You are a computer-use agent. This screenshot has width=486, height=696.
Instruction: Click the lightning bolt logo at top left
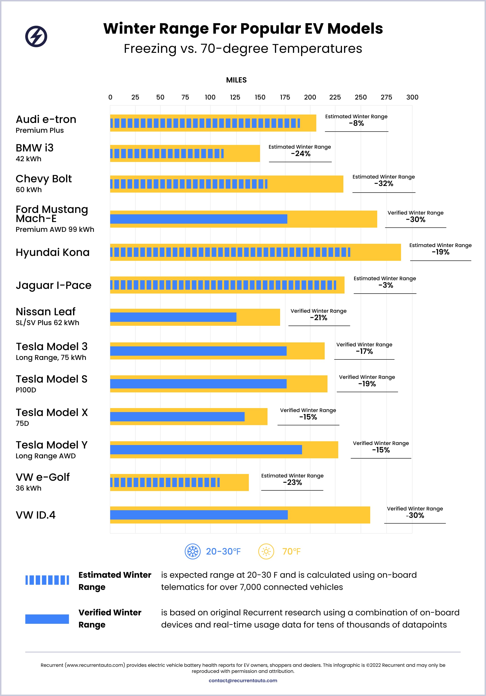click(x=36, y=36)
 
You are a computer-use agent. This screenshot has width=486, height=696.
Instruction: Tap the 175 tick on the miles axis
click(x=285, y=97)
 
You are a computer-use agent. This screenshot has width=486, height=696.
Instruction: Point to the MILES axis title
click(x=236, y=80)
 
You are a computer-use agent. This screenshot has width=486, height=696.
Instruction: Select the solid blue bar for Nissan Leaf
click(x=173, y=317)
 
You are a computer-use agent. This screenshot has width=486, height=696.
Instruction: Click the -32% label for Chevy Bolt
click(x=384, y=184)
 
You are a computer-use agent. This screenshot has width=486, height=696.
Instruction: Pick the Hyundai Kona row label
click(x=53, y=252)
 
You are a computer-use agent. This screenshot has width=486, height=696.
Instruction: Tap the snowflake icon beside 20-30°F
click(x=193, y=551)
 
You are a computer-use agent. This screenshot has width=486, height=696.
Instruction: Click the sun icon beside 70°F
click(x=266, y=551)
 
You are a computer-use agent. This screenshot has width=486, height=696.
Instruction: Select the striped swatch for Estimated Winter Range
click(x=47, y=580)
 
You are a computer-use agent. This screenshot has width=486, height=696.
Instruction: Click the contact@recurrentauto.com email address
click(x=243, y=681)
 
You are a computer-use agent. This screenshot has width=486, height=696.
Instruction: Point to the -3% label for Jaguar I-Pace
click(x=386, y=285)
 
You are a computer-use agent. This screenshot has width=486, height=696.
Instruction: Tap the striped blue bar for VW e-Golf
click(x=165, y=482)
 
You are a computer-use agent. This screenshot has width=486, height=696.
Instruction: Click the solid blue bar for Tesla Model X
click(x=177, y=417)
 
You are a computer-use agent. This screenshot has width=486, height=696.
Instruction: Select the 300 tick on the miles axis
click(x=412, y=97)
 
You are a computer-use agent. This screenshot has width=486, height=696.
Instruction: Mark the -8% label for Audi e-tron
click(x=356, y=123)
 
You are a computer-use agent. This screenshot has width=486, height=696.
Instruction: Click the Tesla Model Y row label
click(x=52, y=445)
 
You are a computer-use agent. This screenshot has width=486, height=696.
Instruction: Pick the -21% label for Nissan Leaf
click(x=319, y=318)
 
